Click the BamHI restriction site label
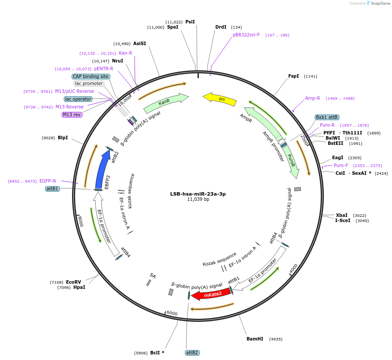[x=255, y=339]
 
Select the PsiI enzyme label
[x=190, y=22]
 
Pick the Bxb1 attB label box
[x=327, y=117]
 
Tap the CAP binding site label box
[x=91, y=76]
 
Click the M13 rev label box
[x=72, y=115]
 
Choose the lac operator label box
[x=79, y=99]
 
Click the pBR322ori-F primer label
[x=246, y=35]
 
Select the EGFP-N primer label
[x=48, y=181]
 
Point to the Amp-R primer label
[x=313, y=98]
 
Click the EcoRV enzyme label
[x=73, y=282]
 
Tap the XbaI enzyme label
[x=342, y=215]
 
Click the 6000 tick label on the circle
[x=172, y=313]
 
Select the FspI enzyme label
[x=293, y=76]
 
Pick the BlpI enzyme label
[x=63, y=137]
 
